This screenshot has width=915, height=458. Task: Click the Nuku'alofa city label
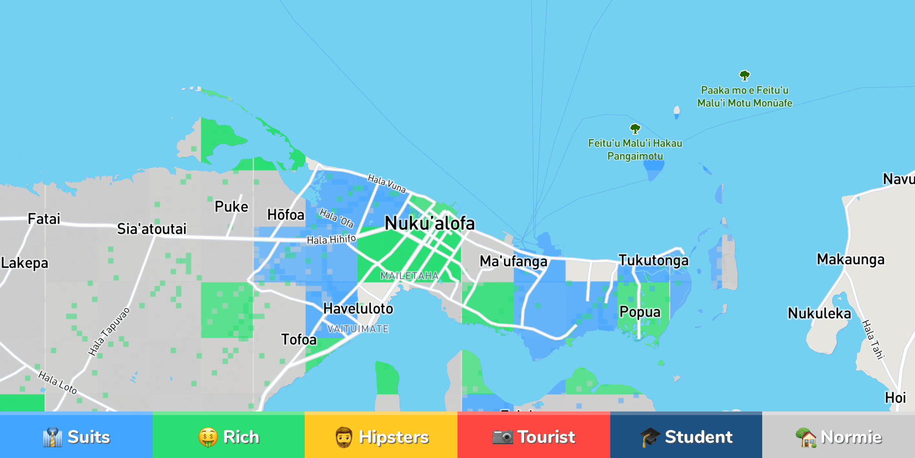[429, 223]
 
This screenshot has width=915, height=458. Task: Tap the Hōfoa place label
[285, 215]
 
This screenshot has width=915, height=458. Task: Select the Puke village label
[231, 207]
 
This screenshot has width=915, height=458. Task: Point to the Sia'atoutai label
[151, 229]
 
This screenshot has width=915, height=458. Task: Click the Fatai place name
[44, 219]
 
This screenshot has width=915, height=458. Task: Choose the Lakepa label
[25, 263]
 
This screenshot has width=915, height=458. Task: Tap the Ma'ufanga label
[513, 261]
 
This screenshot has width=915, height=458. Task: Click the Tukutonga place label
[653, 260]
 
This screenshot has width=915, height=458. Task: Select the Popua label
[640, 312]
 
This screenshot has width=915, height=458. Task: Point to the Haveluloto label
[358, 309]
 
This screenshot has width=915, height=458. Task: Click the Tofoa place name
[298, 339]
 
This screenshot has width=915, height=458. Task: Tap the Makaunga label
[850, 259]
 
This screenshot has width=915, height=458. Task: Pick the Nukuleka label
[819, 314]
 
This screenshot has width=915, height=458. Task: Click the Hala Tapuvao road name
[109, 331]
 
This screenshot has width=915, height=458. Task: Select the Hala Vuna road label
[386, 184]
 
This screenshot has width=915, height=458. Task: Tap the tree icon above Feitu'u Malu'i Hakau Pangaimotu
[635, 129]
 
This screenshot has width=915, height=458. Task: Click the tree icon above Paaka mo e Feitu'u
[744, 76]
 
